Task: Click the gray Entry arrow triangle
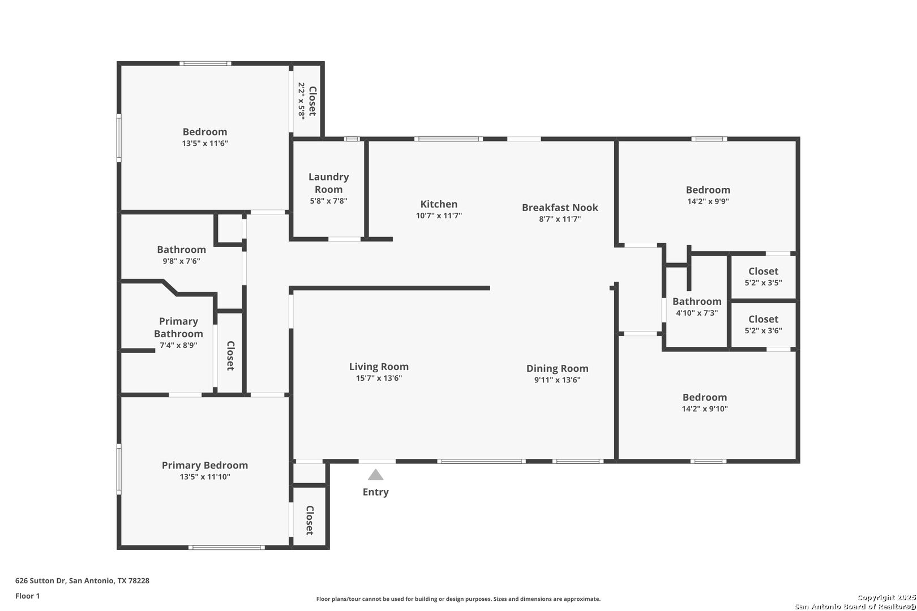375,475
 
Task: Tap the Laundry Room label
329,183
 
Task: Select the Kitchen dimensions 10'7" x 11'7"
439,215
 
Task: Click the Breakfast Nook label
560,208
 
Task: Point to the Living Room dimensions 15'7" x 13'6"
379,378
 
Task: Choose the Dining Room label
557,368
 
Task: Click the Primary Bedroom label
205,465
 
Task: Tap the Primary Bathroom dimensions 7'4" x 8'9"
178,345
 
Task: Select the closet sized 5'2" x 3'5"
763,276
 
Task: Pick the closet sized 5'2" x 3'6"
763,324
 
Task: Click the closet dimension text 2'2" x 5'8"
302,101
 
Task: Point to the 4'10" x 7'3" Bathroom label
697,302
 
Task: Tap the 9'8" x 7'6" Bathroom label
181,249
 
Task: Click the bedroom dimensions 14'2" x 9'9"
708,201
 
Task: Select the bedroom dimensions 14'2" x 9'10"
705,408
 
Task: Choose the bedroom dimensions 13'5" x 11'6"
205,143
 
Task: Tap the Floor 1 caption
27,596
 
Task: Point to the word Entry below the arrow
375,492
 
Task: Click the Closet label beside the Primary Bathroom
230,356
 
